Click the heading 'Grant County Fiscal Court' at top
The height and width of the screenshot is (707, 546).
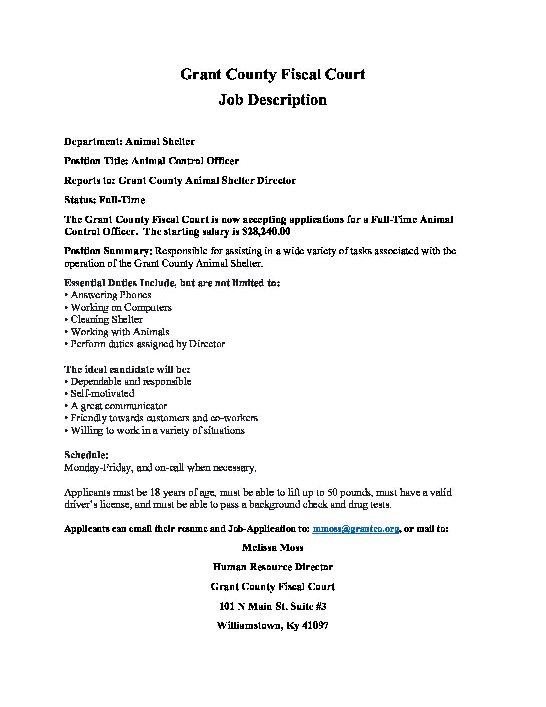272,75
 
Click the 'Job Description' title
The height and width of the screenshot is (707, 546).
272,100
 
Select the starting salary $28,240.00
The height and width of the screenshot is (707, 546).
266,232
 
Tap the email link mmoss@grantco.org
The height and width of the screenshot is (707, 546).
356,529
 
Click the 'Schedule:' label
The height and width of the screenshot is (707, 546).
86,455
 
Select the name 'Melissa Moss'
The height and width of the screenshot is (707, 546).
272,548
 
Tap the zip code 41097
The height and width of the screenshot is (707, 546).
315,626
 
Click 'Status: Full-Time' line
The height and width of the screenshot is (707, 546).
104,200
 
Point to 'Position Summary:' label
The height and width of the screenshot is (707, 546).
108,251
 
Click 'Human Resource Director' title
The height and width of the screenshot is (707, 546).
272,567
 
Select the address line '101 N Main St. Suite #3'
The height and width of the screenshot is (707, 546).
272,607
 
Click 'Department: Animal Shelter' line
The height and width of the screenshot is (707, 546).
129,142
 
